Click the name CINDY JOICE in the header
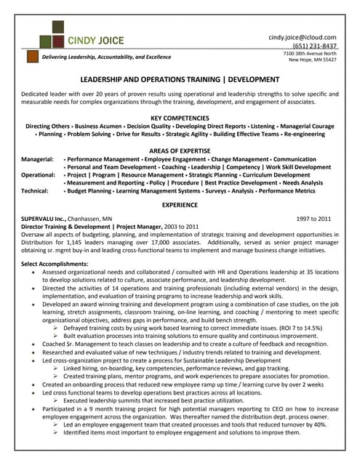(95, 40)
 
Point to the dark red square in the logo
(43, 31)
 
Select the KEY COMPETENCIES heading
(179, 117)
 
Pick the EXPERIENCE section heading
(179, 205)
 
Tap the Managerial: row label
(37, 158)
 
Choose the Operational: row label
(39, 175)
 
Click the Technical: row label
(34, 192)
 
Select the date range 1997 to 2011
(313, 218)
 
